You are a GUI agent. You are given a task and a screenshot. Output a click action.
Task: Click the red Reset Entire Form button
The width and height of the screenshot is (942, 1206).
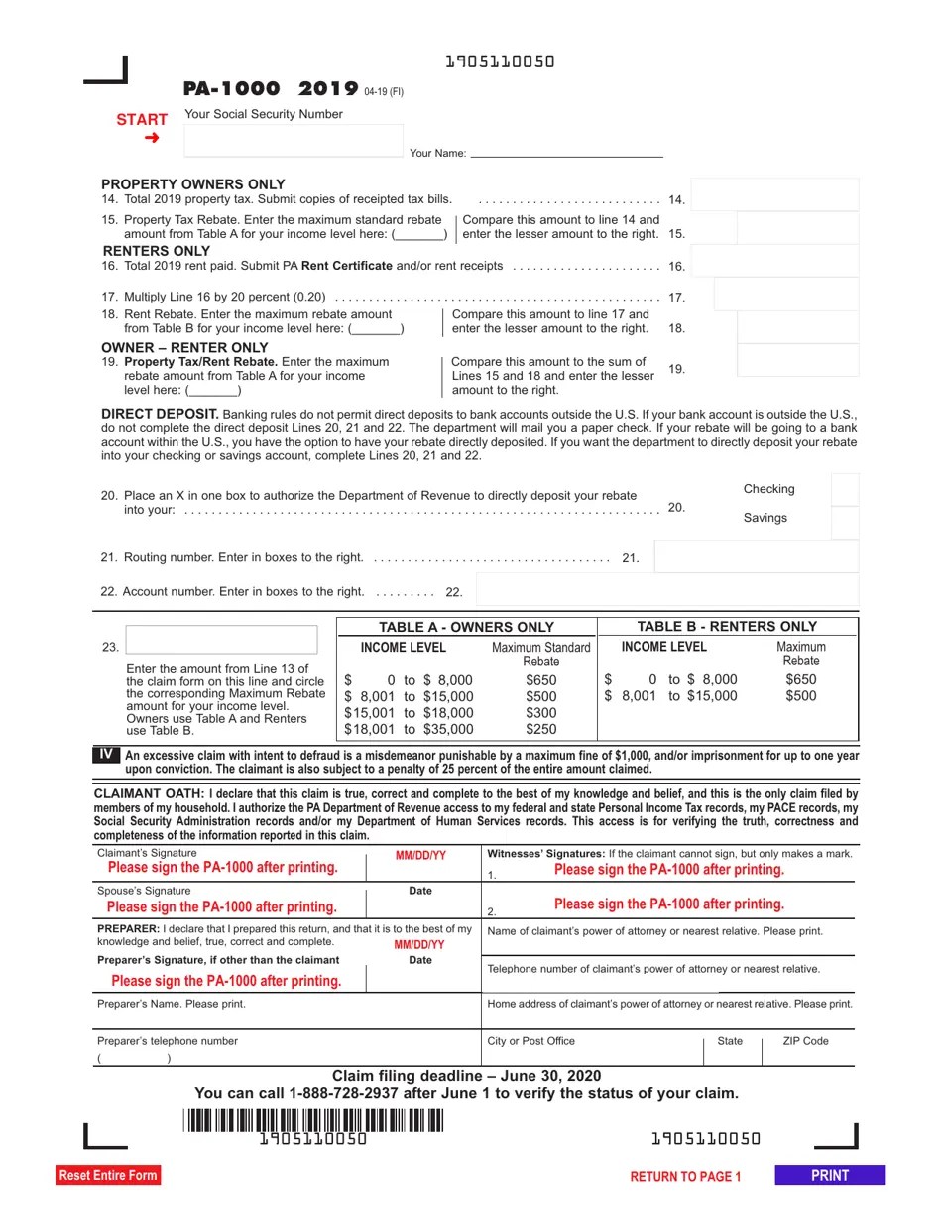click(107, 1175)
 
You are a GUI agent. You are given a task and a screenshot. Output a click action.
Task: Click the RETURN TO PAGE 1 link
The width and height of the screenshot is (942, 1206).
click(685, 1176)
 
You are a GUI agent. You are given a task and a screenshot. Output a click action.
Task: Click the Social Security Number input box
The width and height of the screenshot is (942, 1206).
click(294, 140)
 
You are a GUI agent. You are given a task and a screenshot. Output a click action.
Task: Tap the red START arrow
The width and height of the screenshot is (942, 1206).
click(151, 138)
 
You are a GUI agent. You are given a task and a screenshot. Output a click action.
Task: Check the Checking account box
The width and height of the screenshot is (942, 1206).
click(845, 489)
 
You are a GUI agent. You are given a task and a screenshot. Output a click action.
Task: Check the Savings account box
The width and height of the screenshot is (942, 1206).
click(845, 522)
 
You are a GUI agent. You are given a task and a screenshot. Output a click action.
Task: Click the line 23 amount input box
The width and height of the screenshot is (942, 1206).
click(221, 639)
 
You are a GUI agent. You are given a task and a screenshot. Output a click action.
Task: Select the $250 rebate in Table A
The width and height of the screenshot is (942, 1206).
click(540, 729)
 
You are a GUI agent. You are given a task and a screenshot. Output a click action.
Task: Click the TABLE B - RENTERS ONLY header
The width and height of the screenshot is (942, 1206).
click(727, 626)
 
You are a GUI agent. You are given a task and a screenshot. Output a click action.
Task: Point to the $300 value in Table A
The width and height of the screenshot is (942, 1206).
click(540, 713)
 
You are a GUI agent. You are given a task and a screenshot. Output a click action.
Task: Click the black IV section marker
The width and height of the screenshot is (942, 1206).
click(106, 755)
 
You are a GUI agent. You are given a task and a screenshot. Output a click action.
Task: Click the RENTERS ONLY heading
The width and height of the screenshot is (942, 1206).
click(157, 251)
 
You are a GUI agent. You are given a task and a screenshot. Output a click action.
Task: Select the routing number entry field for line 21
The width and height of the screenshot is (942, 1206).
click(756, 556)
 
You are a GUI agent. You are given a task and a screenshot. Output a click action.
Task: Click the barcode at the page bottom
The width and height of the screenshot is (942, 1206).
click(313, 1121)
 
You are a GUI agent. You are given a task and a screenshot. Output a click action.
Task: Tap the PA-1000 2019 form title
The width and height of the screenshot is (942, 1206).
click(271, 89)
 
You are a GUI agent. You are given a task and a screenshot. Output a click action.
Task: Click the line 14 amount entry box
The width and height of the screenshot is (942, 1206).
click(773, 194)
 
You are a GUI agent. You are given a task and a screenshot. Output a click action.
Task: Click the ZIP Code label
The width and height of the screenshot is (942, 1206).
click(805, 1041)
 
